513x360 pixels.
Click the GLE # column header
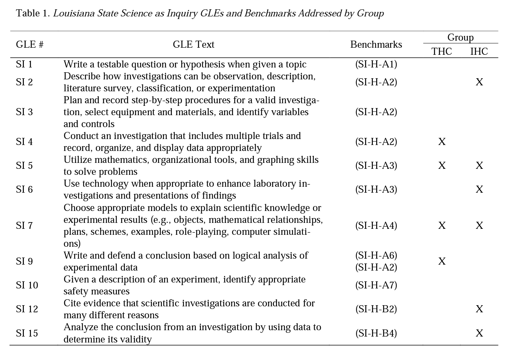[x=29, y=45]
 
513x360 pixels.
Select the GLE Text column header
[x=193, y=45]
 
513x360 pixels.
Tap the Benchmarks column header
[x=376, y=45]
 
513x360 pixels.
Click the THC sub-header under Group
[x=441, y=51]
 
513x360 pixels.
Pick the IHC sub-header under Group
[x=479, y=51]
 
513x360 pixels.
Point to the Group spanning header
[x=460, y=38]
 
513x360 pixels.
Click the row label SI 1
[x=24, y=64]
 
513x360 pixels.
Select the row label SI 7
[x=24, y=225]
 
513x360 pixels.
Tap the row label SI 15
[x=27, y=333]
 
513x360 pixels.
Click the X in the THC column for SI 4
[x=442, y=142]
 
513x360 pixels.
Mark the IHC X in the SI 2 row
[x=479, y=82]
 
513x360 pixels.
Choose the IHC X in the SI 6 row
[x=479, y=190]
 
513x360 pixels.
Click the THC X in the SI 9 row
[x=442, y=261]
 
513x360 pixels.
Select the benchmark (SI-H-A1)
[x=376, y=64]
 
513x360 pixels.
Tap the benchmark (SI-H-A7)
[x=376, y=285]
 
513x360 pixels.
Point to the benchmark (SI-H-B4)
[x=376, y=333]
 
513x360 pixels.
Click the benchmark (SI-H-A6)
[x=376, y=255]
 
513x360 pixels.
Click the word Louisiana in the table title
[x=74, y=13]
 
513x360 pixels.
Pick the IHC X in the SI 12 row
[x=479, y=309]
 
